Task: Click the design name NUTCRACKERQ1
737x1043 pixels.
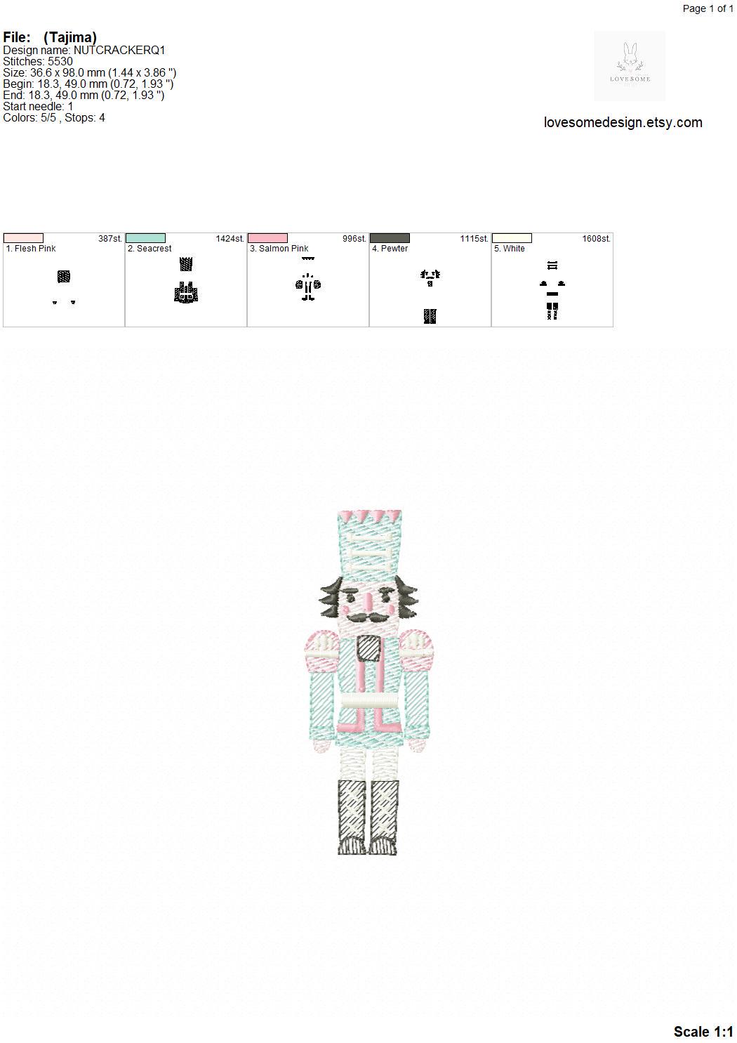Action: [x=119, y=51]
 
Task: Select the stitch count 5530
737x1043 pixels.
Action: [x=60, y=62]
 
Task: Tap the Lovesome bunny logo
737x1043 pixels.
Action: [x=630, y=66]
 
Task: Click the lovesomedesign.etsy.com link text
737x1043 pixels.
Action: [x=623, y=122]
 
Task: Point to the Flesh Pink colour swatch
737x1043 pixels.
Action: [x=23, y=238]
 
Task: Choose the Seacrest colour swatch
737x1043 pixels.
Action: [x=145, y=238]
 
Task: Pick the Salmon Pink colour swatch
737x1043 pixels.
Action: [x=267, y=238]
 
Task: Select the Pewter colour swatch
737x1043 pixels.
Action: [x=390, y=238]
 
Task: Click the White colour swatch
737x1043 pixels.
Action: [x=512, y=238]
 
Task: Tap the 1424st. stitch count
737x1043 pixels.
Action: [x=230, y=238]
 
